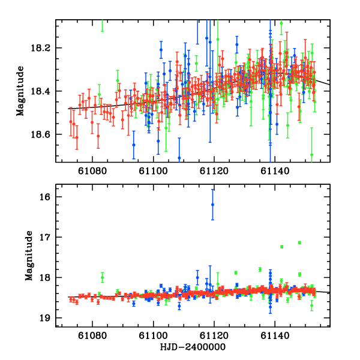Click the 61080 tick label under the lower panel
[92, 337]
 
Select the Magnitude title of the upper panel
[21, 91]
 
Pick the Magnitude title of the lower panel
[28, 257]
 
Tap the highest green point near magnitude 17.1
[299, 242]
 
